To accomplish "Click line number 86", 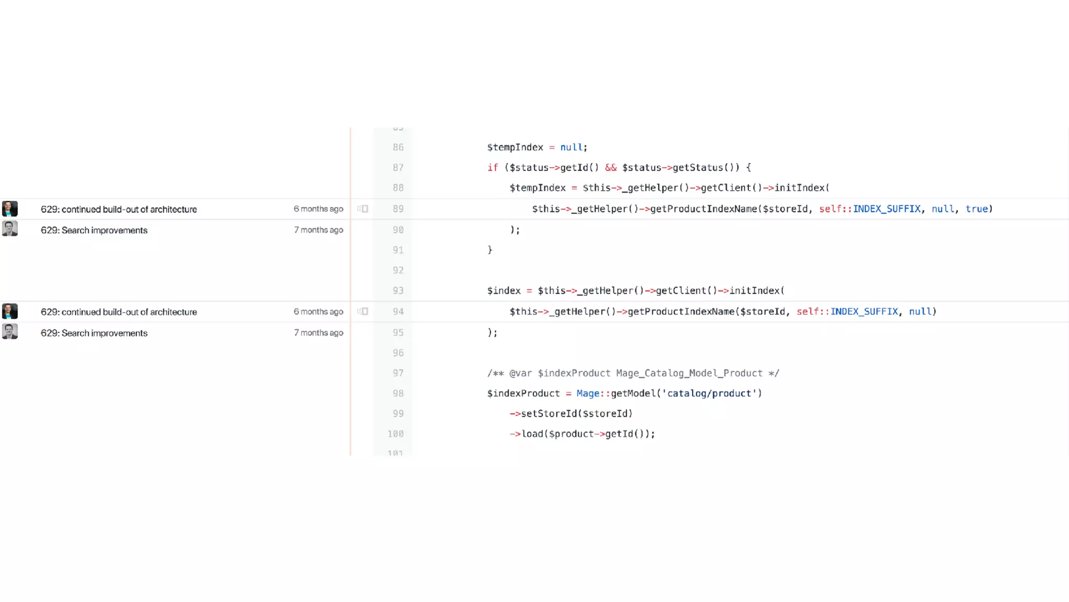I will [x=398, y=147].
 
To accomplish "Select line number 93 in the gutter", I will [x=398, y=291].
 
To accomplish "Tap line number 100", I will [x=396, y=434].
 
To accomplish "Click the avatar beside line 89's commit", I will [x=10, y=209].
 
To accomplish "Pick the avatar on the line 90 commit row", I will [x=10, y=228].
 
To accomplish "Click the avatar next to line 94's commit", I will [x=10, y=311].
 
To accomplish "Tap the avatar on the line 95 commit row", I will [x=10, y=331].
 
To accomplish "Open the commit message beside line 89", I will [x=118, y=210].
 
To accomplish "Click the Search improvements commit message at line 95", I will [x=94, y=333].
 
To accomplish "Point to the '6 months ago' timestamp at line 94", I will [x=318, y=311].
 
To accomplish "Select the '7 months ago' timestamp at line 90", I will [x=318, y=230].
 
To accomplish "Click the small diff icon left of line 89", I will [x=363, y=209].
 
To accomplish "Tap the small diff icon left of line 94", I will [x=363, y=311].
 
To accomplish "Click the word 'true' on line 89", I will [x=977, y=209].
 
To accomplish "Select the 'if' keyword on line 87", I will [x=492, y=168].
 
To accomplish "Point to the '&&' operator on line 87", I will [x=611, y=168].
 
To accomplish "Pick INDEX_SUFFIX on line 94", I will [x=864, y=311].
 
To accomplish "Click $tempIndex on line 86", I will [x=515, y=147].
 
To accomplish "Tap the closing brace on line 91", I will [x=490, y=250].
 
